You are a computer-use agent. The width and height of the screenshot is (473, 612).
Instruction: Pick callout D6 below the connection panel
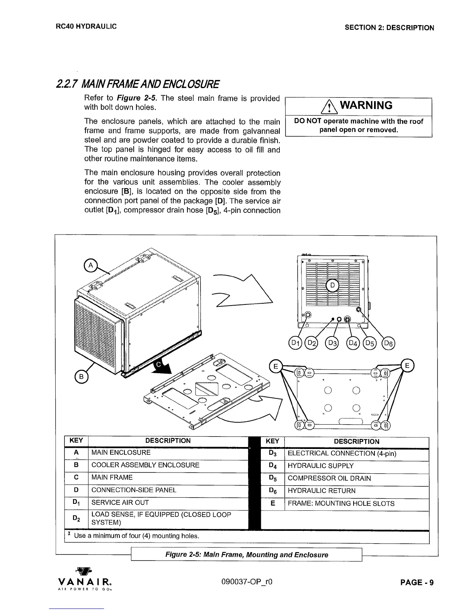[388, 343]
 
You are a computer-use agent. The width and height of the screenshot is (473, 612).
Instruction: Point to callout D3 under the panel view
[332, 343]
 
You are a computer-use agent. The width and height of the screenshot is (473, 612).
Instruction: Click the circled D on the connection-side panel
[333, 286]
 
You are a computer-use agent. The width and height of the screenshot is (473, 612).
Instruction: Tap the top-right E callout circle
[407, 365]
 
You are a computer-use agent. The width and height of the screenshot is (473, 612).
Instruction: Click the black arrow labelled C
[160, 367]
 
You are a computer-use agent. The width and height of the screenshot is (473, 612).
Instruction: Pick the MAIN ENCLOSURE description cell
[168, 452]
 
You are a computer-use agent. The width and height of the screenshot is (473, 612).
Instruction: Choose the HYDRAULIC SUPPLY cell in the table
[356, 466]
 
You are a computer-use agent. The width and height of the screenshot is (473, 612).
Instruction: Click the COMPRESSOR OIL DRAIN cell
[356, 478]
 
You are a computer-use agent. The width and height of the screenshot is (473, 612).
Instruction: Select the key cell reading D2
[76, 518]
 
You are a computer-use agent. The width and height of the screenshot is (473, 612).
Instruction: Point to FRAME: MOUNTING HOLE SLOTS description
[356, 503]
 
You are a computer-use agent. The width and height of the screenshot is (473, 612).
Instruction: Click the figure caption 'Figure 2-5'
[247, 555]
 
